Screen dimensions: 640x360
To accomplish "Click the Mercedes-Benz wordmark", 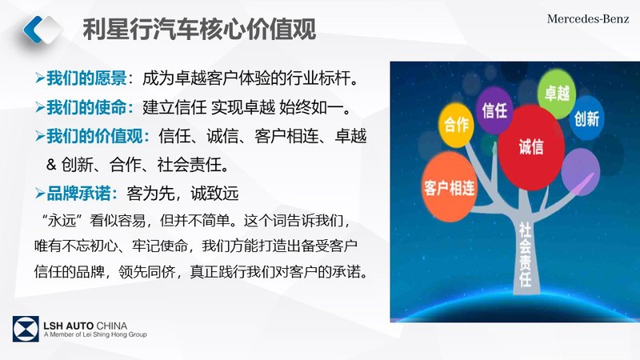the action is coord(588,18).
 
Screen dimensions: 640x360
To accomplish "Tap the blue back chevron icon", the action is coord(33,30).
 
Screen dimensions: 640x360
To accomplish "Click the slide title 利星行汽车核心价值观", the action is coord(199,29).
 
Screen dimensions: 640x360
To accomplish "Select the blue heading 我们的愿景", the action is coord(86,78).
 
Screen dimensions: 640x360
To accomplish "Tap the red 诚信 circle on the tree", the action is coord(531,147).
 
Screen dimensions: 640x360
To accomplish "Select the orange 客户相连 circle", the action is coord(449,187).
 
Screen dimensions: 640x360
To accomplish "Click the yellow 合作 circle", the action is coord(456,125).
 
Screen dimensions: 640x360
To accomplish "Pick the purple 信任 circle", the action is coord(494,110).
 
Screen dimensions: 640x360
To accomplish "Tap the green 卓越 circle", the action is coord(557,93).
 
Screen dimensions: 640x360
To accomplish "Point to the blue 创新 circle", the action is coord(586,118).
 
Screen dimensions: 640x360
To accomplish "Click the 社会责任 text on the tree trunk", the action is coord(525,254).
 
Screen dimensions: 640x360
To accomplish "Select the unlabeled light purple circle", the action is coord(581,171).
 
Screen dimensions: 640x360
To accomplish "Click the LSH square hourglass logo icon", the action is coord(26,329).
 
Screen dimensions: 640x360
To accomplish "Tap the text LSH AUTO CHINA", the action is coord(86,326).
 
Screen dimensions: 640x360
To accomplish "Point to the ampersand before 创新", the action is coord(51,165).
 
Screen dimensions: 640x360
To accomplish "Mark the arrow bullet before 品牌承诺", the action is coord(40,194).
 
